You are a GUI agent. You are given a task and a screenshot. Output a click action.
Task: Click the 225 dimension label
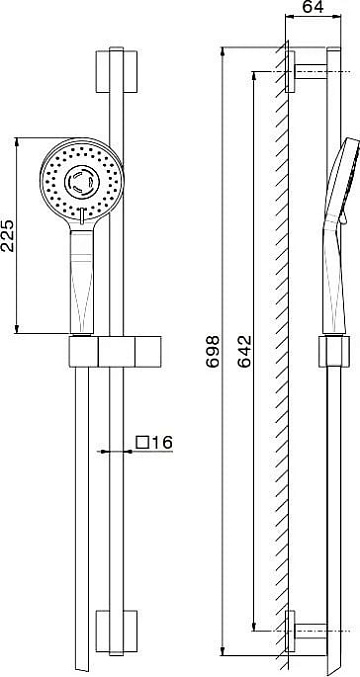pos(9,235)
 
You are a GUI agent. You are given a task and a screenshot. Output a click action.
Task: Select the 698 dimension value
pos(212,351)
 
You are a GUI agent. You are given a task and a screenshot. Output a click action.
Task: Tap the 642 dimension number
pos(243,351)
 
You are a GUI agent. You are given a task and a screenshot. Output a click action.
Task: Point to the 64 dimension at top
pos(313,7)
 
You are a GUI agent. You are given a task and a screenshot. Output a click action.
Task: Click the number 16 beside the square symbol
pos(161,442)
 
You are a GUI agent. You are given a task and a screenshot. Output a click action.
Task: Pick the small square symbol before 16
pos(142,442)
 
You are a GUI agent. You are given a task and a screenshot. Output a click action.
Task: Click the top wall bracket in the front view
pos(117,72)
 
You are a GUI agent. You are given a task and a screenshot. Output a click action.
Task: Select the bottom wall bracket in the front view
pos(117,631)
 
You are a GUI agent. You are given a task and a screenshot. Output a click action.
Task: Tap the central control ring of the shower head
pos(82,182)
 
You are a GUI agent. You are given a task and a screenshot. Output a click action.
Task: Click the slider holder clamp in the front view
pos(115,351)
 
